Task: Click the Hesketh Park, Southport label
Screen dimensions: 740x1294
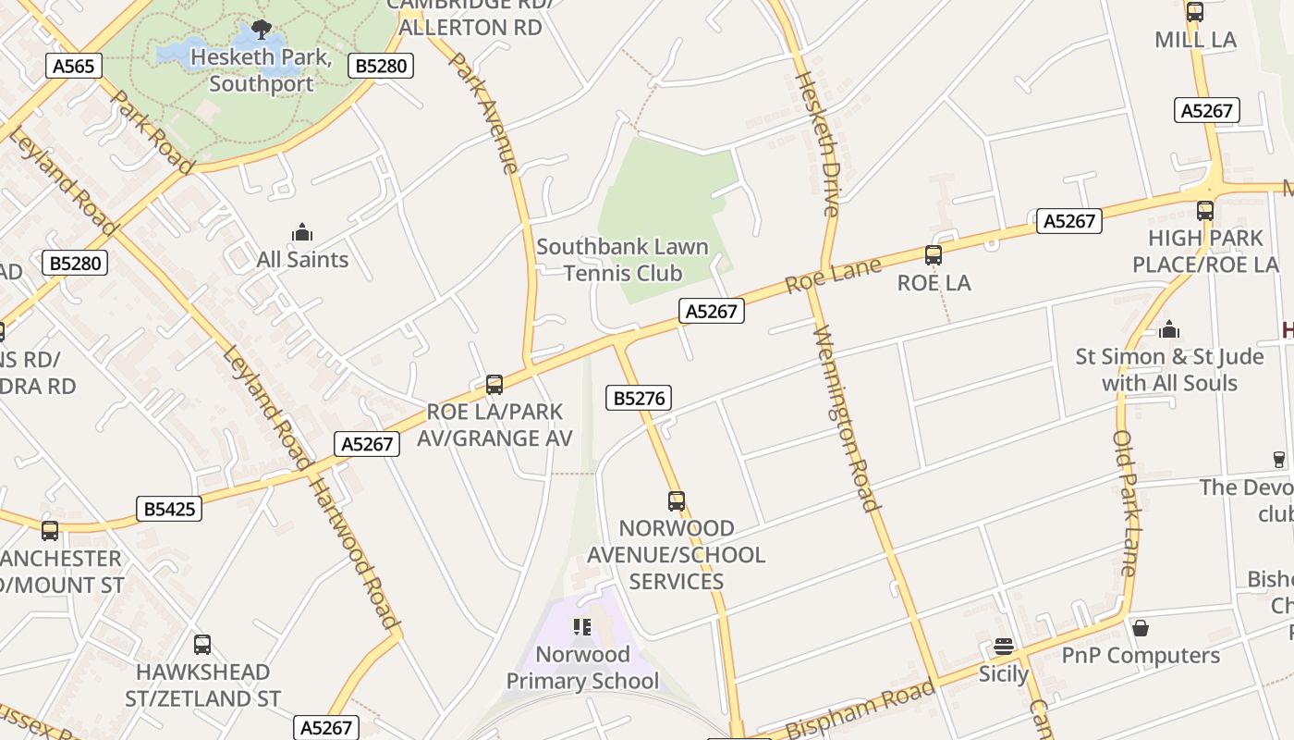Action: tap(262, 70)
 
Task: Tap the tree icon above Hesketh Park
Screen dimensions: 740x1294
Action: tap(262, 30)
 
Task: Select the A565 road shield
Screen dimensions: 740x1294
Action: tap(73, 66)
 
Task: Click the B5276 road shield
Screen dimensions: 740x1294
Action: tap(639, 398)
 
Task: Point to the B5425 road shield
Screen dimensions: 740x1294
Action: tap(169, 509)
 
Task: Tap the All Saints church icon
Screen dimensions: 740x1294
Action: tap(302, 231)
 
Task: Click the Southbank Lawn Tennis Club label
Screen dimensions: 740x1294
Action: tap(622, 260)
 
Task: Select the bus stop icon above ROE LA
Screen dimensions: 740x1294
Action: tap(934, 255)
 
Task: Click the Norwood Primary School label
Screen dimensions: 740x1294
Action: tap(582, 668)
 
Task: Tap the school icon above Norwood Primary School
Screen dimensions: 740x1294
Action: tap(581, 627)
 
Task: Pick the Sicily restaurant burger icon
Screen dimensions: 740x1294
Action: tap(1004, 647)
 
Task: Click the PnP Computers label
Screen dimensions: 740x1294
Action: tap(1141, 656)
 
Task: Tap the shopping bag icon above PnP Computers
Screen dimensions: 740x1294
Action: tap(1141, 628)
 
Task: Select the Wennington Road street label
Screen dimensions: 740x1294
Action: tap(847, 418)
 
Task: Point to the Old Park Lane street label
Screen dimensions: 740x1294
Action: tap(1126, 503)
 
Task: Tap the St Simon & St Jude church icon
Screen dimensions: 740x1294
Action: tap(1169, 329)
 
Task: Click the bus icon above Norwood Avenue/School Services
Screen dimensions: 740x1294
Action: tap(677, 501)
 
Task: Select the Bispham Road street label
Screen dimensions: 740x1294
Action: tap(860, 709)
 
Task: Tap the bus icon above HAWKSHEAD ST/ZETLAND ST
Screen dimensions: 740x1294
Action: tap(202, 645)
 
